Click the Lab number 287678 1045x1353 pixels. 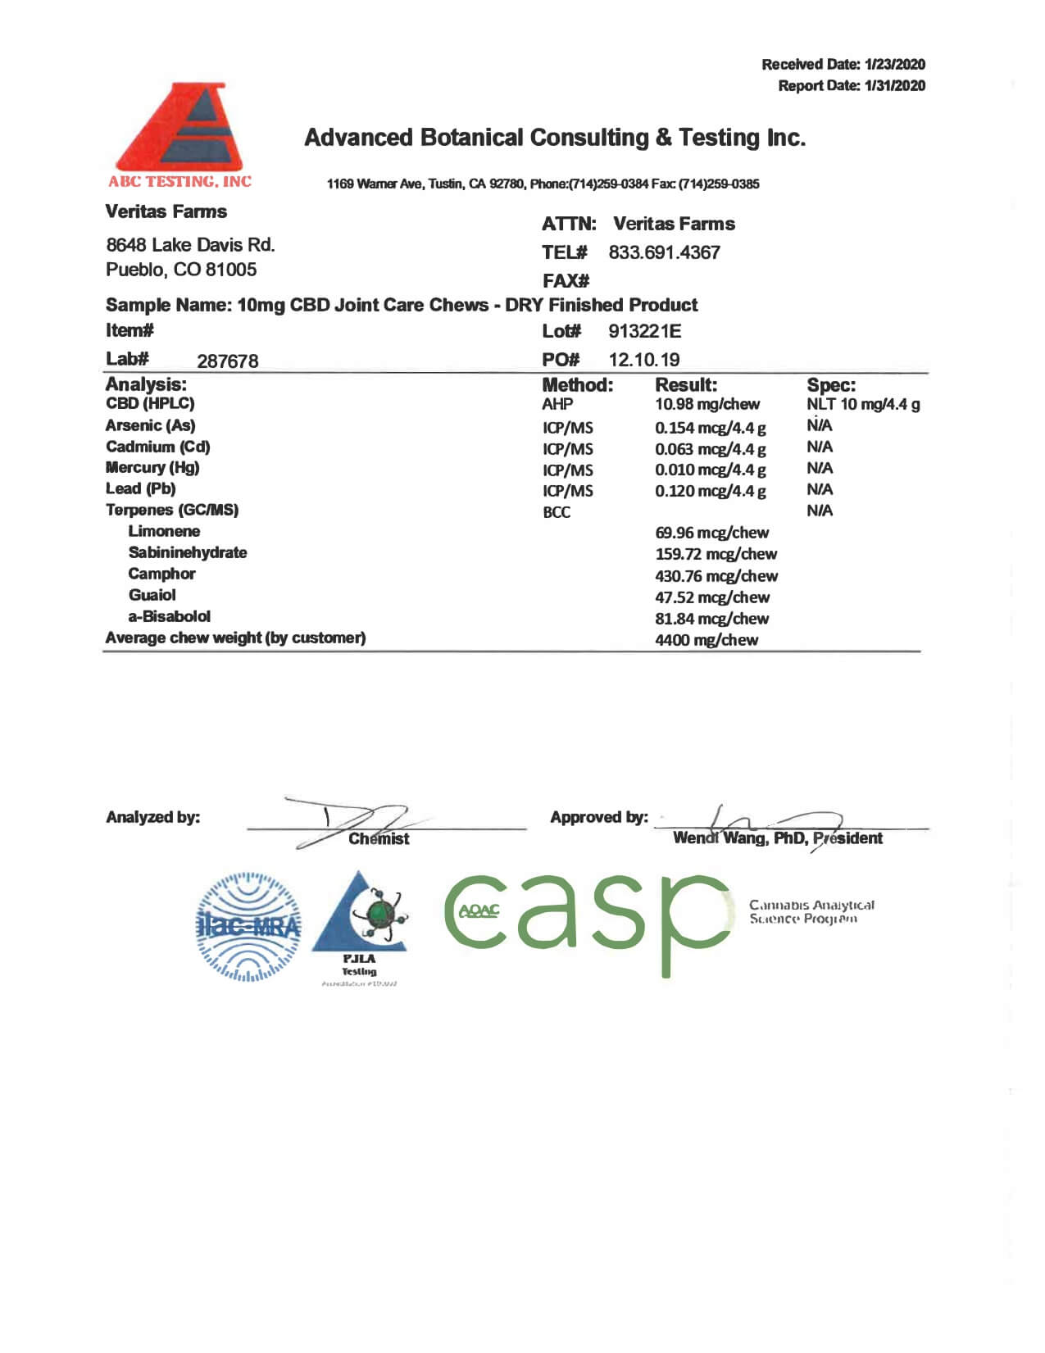pos(227,361)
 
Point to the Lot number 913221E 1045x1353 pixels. pos(644,331)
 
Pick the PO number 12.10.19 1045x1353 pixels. pos(643,360)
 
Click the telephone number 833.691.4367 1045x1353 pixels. pos(664,252)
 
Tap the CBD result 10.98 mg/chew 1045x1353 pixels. pos(707,404)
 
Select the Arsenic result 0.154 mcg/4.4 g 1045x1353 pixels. pos(710,428)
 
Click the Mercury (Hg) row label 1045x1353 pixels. pos(152,467)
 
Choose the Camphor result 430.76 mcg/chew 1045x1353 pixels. pos(716,576)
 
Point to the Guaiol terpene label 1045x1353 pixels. pos(152,595)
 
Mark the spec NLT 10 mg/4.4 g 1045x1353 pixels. pos(862,404)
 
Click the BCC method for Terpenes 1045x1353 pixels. pos(557,512)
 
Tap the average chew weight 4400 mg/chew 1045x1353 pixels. pos(706,640)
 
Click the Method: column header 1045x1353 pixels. pos(577,385)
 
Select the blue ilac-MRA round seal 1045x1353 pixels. pos(248,927)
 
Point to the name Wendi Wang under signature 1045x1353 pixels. pos(719,838)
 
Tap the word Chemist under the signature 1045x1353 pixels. pos(379,838)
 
